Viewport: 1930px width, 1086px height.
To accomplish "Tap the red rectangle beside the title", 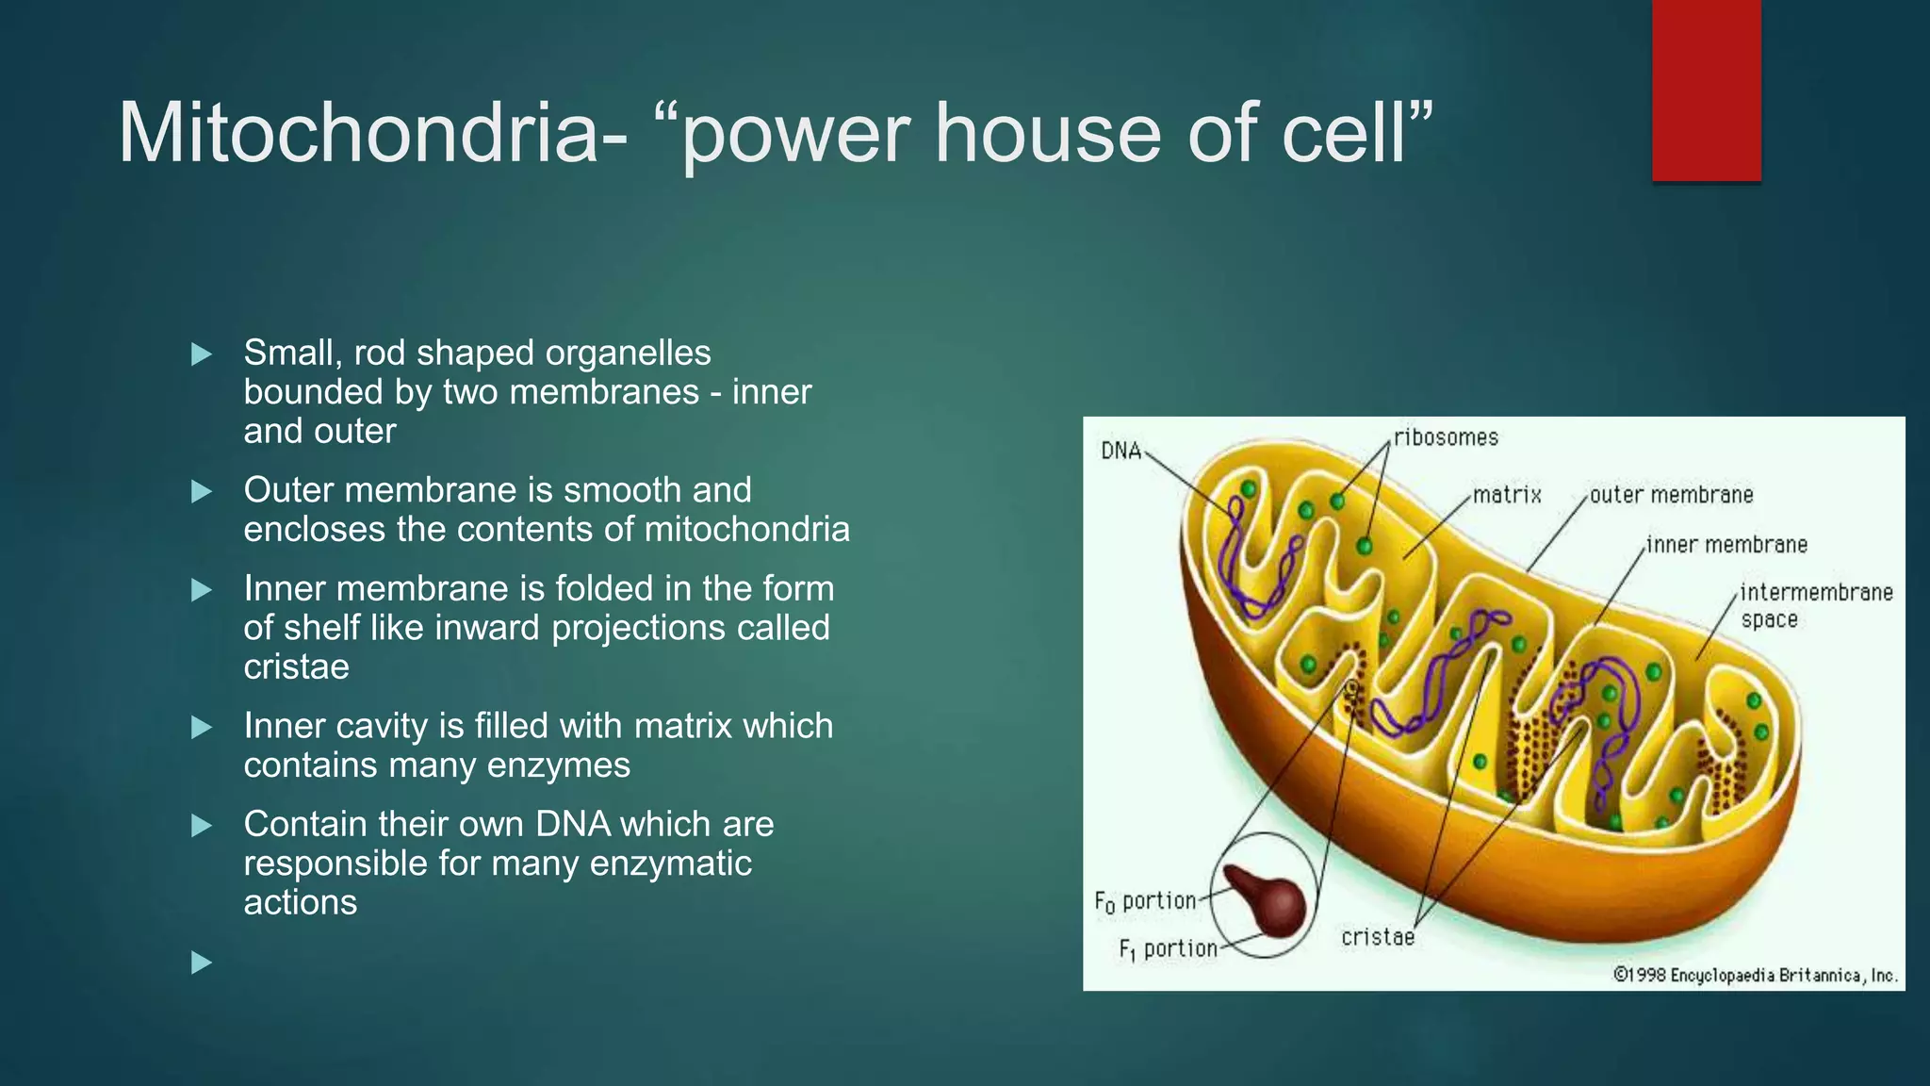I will pos(1706,90).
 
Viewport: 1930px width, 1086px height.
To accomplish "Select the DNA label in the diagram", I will pos(1120,452).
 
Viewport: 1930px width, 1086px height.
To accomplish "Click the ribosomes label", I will pos(1446,437).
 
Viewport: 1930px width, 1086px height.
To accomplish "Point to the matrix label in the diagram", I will pos(1507,495).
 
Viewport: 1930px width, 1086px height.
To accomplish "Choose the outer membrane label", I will pos(1671,495).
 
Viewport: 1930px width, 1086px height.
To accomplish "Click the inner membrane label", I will pos(1726,545).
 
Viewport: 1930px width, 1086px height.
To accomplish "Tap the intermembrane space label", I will pos(1815,605).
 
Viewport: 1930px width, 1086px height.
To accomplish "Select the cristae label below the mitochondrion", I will pos(1378,937).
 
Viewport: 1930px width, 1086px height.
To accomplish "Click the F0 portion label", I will pos(1145,901).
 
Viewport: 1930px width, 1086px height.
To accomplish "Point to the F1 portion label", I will pos(1168,949).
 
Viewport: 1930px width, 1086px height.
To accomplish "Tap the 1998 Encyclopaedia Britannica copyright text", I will pos(1756,975).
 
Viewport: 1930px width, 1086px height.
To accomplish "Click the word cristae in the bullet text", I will pos(296,667).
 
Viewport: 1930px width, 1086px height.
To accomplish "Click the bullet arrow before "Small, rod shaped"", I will pos(201,354).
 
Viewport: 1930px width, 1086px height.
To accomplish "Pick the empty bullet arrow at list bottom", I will pos(201,963).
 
